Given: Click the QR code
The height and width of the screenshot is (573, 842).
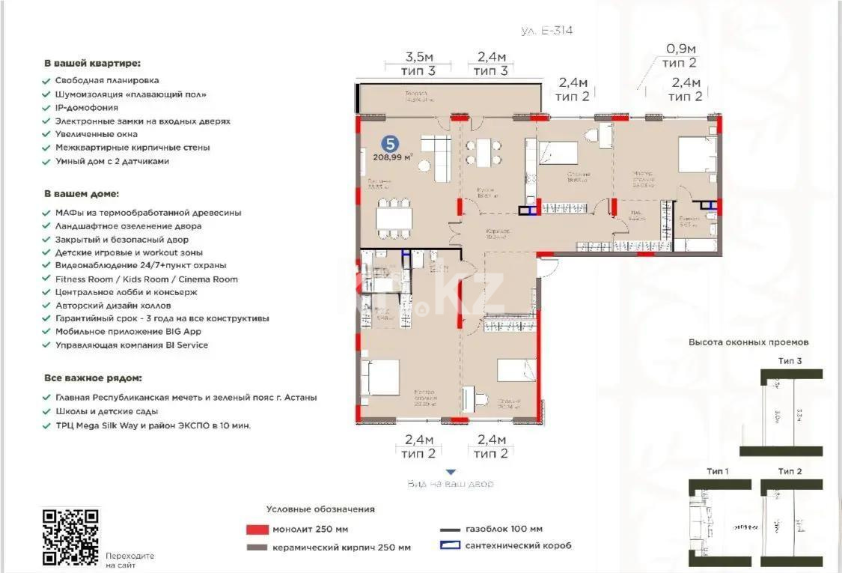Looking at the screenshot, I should pos(70,536).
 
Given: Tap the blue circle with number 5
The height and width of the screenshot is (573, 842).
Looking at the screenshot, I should pos(389,143).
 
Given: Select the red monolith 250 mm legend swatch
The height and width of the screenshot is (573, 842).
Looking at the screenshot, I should pos(256,529).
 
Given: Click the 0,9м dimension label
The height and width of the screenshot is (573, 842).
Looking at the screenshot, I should pos(681,50).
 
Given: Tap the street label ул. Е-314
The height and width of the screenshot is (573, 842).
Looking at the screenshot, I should pos(546,31).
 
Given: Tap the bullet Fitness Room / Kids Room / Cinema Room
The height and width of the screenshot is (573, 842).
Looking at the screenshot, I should pos(146,279).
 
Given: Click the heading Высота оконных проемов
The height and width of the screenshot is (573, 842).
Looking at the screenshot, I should pos(748,342).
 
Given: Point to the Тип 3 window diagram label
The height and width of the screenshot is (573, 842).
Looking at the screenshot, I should pos(790,361).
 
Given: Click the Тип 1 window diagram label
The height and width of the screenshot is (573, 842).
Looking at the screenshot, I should pos(718,471).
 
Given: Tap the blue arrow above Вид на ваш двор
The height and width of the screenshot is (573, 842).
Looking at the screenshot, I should pos(450,472).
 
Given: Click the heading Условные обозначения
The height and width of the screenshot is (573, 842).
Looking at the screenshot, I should pos(320,509).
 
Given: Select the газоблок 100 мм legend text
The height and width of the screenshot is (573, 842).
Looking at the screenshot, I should pos(504,529).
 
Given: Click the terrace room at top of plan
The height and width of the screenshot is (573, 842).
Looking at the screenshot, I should pos(448,98).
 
